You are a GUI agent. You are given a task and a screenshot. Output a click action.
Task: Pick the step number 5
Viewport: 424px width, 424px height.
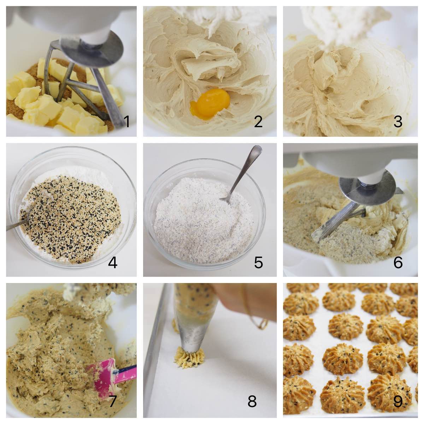258,263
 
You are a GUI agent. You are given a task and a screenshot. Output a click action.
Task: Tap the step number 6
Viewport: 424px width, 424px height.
398,263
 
